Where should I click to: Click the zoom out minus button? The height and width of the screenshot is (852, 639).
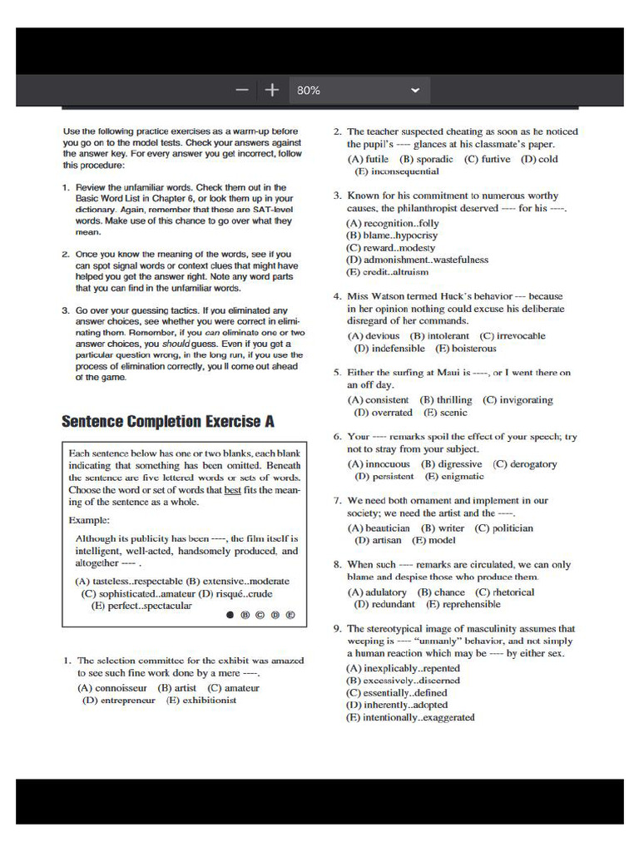coord(242,90)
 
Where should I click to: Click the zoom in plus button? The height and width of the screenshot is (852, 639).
coord(271,90)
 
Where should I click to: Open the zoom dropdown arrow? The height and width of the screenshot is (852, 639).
coord(415,90)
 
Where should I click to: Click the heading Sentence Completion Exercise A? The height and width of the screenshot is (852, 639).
coord(168,421)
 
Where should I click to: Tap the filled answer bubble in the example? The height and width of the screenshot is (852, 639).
coord(229,616)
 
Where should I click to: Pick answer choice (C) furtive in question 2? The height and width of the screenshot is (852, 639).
coord(488,159)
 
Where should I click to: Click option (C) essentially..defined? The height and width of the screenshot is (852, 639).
coord(397,692)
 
